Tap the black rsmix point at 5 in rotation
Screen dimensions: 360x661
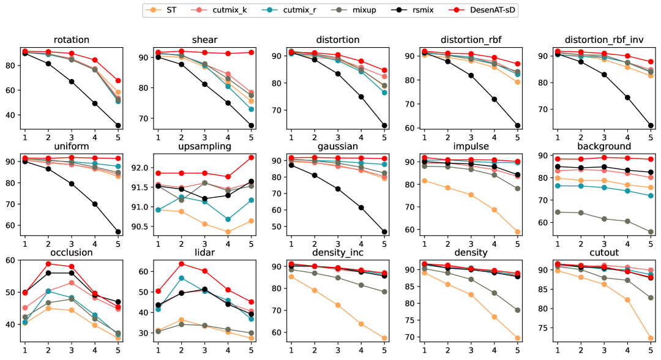[118, 126]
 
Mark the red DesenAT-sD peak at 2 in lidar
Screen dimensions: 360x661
[181, 264]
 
